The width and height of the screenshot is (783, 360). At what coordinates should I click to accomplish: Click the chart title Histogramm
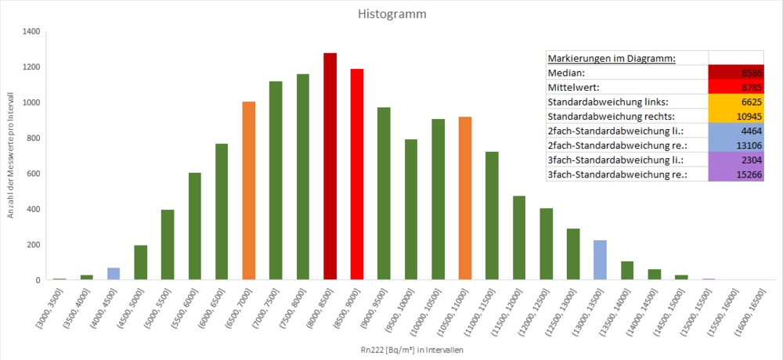pos(391,14)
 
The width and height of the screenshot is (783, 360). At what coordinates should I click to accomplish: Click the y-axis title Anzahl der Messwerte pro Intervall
pos(12,157)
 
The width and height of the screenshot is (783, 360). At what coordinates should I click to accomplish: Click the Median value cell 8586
pos(736,72)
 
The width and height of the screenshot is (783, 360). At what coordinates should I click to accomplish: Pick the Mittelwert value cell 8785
pos(736,87)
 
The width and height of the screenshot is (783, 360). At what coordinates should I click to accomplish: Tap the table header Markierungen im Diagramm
pos(612,58)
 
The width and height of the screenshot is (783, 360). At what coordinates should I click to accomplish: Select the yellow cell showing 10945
pos(736,116)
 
